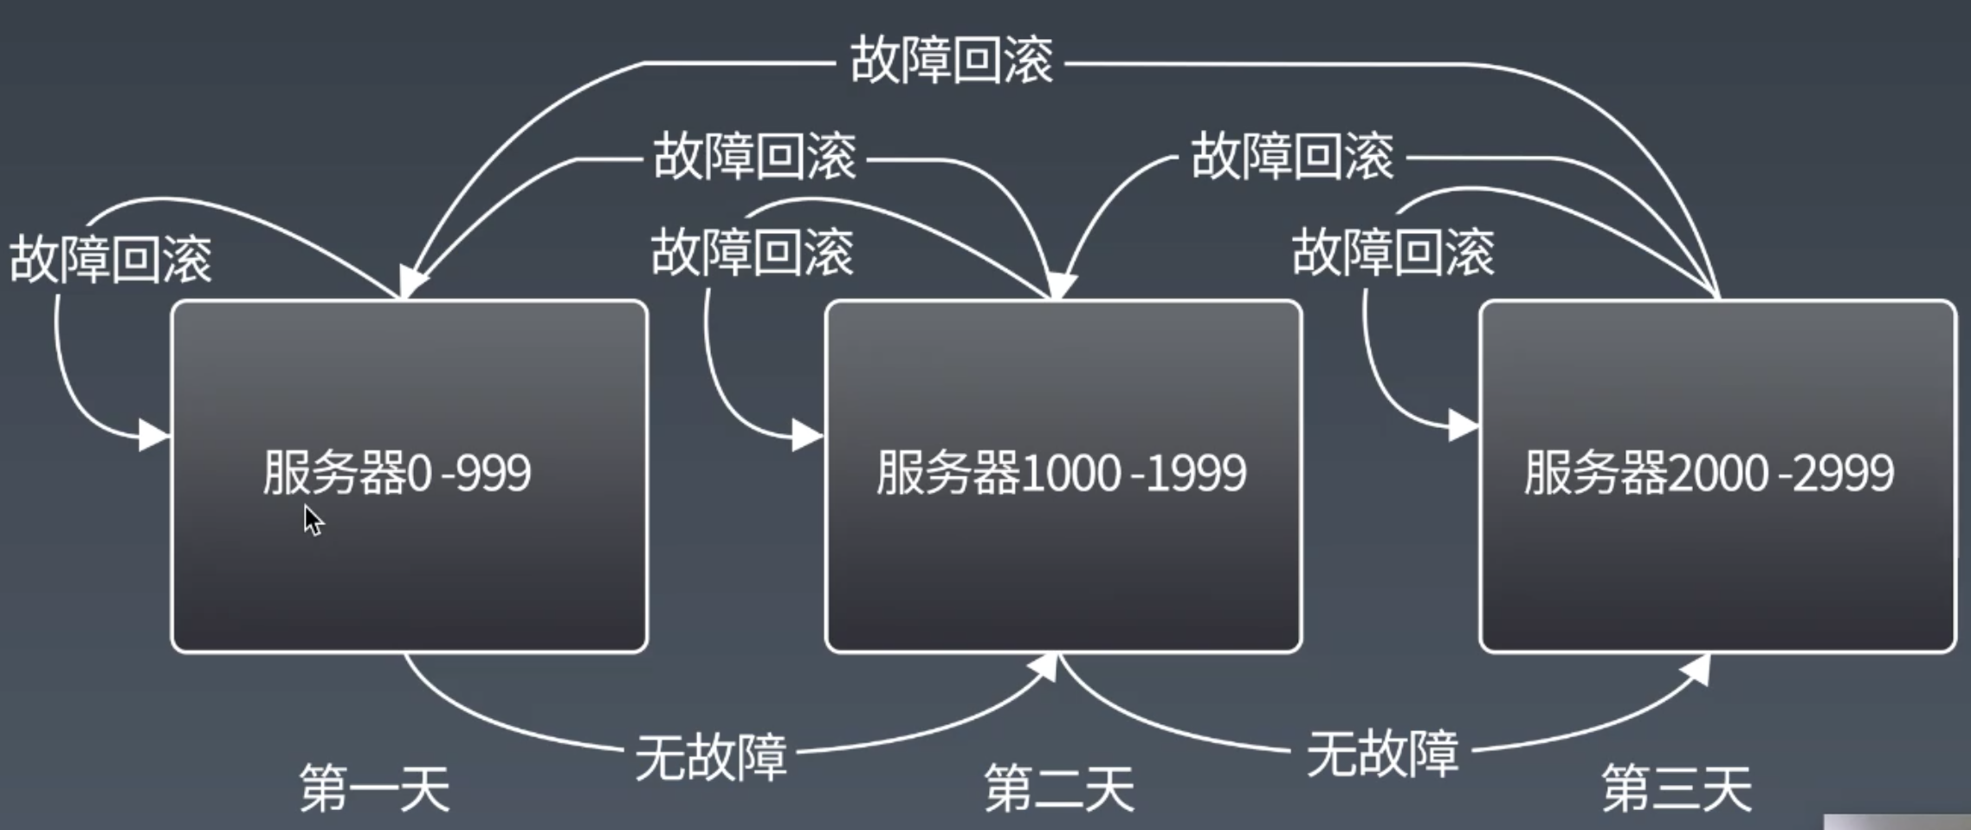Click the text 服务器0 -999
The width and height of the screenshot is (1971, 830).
coord(397,473)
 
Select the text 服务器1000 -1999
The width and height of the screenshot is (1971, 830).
coord(1061,473)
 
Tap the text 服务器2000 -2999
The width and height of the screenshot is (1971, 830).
coord(1709,473)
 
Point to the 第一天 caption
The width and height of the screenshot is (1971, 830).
coord(374,788)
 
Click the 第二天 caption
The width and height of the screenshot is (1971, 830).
coord(1059,788)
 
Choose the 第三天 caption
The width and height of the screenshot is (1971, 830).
coord(1677,788)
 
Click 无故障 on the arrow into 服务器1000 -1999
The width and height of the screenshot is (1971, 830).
coord(711,756)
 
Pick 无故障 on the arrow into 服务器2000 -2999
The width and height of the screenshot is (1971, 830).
coord(1382,753)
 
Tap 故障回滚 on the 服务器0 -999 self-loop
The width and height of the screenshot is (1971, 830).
coord(110,258)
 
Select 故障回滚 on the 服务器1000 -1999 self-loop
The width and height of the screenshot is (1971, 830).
coord(752,252)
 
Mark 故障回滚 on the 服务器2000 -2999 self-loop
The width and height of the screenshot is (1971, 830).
coord(1393,252)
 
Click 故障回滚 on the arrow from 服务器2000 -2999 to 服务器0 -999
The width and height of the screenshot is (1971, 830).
coord(951,60)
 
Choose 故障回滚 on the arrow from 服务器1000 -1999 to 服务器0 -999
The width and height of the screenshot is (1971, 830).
coord(754,157)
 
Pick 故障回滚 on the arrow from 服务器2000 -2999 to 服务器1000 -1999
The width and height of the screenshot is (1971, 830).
coord(1292,157)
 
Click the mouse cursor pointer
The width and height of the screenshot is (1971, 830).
coord(313,520)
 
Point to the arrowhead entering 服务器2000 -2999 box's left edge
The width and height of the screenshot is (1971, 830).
coord(1464,425)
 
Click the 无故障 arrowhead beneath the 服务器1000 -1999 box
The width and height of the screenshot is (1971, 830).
coord(1046,667)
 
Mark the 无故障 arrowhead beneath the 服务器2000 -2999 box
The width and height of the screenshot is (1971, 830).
coord(1697,669)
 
